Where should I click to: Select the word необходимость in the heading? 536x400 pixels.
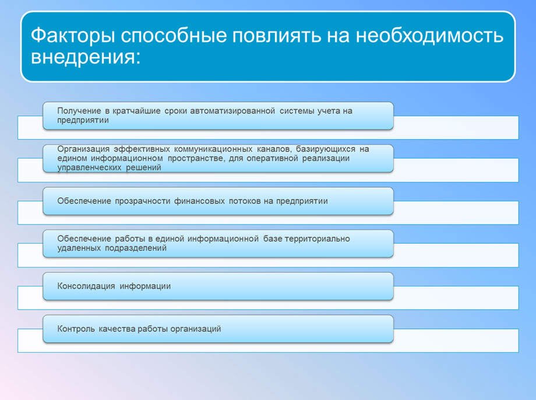pyautogui.click(x=430, y=36)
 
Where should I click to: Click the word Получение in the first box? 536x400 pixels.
pyautogui.click(x=79, y=111)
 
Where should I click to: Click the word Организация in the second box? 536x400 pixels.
pyautogui.click(x=83, y=149)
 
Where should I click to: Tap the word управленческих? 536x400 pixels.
pyautogui.click(x=89, y=168)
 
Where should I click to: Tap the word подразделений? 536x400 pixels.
pyautogui.click(x=136, y=248)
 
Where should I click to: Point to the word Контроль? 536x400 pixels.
pyautogui.click(x=76, y=329)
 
